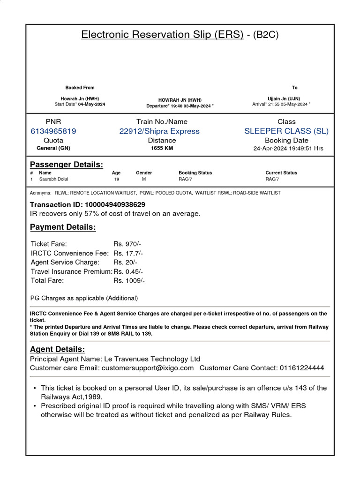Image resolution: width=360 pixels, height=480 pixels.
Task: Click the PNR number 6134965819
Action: [x=53, y=131]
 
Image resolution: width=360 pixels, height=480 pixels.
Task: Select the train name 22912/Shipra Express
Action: [x=159, y=131]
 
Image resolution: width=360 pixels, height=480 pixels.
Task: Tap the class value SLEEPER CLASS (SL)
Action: [x=286, y=131]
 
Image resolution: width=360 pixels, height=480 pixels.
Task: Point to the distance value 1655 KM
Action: [x=162, y=148]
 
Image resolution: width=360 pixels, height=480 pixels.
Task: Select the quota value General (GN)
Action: [x=53, y=148]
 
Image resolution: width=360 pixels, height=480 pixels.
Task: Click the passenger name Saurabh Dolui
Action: [x=53, y=179]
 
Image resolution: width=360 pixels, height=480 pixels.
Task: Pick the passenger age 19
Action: [x=116, y=179]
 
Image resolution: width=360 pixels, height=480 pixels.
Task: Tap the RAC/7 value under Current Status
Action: [x=272, y=179]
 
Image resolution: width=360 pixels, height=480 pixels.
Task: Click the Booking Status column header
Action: [x=195, y=173]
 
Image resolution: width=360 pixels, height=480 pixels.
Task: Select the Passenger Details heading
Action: [x=67, y=165]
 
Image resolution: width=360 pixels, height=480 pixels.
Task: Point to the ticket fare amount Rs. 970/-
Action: [x=127, y=244]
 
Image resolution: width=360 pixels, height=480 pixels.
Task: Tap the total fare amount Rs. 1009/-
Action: [x=129, y=280]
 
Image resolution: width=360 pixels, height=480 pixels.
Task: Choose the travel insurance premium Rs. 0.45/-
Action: [x=128, y=271]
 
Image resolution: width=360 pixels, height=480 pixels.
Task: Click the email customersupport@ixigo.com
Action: [x=148, y=368]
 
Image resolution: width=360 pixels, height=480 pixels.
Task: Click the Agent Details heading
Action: [x=58, y=350]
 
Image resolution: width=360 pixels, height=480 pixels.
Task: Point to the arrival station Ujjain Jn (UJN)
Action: [x=284, y=99]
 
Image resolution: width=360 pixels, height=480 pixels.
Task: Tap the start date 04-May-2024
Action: [x=92, y=104]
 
